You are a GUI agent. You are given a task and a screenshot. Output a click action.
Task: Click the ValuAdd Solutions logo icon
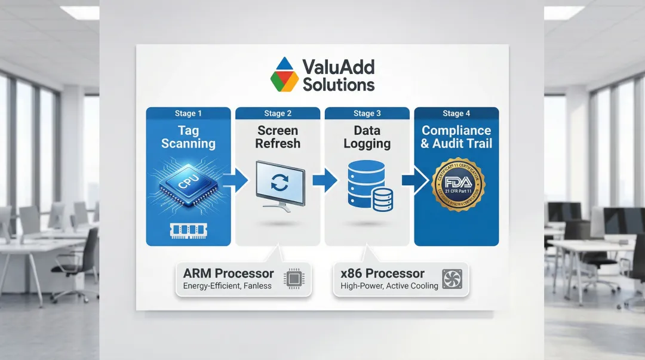[284, 74]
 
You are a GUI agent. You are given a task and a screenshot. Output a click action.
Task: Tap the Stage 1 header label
[188, 113]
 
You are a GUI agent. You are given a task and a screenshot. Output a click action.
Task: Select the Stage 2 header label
[278, 113]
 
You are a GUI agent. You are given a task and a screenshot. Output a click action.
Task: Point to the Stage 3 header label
[367, 113]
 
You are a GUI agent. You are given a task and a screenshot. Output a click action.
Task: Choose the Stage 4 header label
[456, 113]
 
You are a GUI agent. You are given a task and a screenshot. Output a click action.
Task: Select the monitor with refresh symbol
[279, 183]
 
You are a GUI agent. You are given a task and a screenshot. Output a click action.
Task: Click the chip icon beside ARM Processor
[294, 279]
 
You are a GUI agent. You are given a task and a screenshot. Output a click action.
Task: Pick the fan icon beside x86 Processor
[452, 279]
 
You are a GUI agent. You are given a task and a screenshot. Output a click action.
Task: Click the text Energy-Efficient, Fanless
[227, 286]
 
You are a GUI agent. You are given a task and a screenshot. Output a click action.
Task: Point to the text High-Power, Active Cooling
[389, 286]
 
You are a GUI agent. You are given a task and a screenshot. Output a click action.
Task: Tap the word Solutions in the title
[339, 85]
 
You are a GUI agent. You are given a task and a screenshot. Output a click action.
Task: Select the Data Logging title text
[367, 137]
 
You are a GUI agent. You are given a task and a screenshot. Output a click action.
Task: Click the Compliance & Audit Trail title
[456, 137]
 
